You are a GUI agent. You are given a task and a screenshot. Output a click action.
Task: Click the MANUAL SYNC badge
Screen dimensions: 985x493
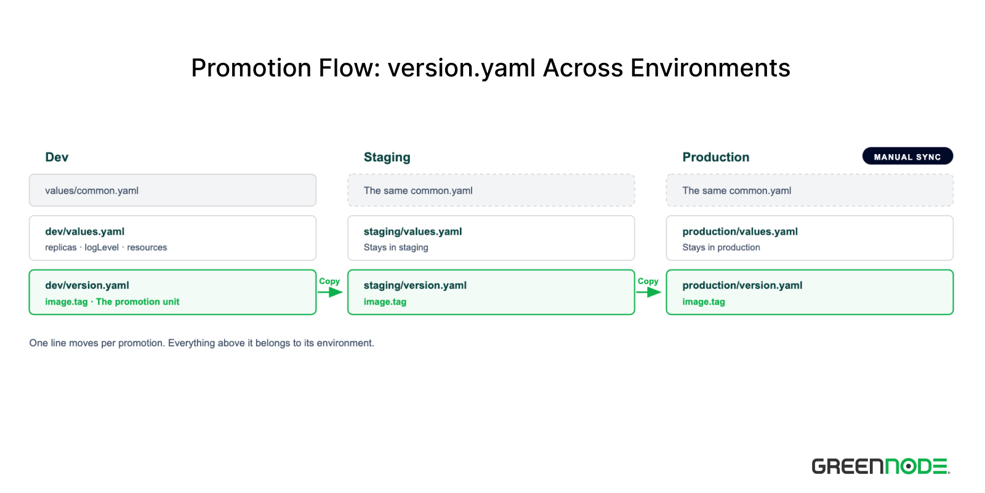(x=907, y=157)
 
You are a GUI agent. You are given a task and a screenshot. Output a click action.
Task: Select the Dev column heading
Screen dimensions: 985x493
(x=57, y=157)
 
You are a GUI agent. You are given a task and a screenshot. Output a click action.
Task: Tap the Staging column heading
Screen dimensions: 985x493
(x=387, y=157)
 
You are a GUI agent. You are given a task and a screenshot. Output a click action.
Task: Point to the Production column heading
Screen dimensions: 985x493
(x=716, y=157)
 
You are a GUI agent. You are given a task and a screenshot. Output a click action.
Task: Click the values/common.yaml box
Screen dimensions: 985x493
(x=172, y=190)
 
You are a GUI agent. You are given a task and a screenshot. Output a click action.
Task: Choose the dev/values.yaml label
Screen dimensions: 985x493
(x=85, y=232)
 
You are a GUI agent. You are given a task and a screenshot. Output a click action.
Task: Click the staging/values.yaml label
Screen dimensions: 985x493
(x=413, y=232)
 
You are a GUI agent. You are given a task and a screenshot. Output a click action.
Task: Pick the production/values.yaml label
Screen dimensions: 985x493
(x=740, y=232)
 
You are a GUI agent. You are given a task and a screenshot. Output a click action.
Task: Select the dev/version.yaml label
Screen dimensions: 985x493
(x=87, y=285)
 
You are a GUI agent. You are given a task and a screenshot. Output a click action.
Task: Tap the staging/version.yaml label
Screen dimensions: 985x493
(x=415, y=285)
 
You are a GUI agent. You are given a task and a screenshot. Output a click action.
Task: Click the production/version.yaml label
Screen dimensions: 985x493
(x=742, y=285)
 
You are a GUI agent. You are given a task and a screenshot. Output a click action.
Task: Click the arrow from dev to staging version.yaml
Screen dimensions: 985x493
(x=330, y=292)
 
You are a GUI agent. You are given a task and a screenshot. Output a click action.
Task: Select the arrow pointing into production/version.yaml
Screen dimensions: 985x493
(x=649, y=292)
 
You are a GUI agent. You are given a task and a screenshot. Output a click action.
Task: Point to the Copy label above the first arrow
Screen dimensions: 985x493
(x=329, y=281)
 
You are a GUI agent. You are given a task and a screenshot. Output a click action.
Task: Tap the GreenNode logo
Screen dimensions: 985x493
(x=881, y=466)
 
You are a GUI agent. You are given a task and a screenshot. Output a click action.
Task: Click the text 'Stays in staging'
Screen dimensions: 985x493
(x=396, y=247)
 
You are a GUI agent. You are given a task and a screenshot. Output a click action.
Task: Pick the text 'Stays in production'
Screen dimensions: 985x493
(x=721, y=247)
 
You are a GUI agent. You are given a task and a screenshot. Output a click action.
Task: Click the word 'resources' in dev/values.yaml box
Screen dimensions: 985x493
(x=147, y=247)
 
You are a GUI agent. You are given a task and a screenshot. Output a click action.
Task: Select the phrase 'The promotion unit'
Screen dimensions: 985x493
(x=138, y=301)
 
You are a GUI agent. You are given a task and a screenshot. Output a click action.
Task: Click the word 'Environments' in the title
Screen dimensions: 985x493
(x=710, y=68)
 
